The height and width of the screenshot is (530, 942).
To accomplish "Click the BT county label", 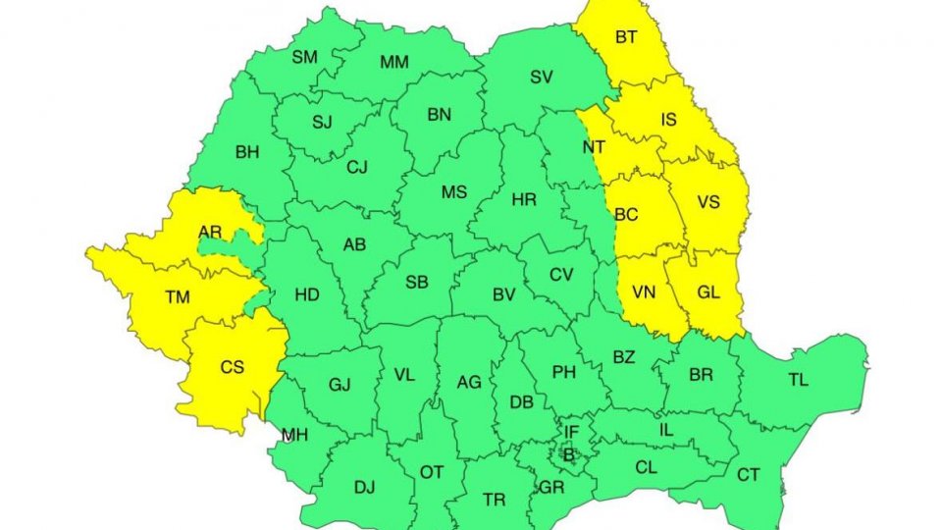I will (x=626, y=37).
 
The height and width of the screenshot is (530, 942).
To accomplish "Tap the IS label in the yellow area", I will (x=669, y=121).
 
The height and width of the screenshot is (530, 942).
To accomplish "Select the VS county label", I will (x=708, y=202).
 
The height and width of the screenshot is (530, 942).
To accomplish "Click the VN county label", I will (x=645, y=291).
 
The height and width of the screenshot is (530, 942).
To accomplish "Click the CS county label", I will (x=233, y=367).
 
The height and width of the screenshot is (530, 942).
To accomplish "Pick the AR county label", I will (x=210, y=232).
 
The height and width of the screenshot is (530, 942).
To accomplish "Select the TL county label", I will (x=799, y=380).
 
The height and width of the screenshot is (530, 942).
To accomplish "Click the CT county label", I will (x=749, y=475).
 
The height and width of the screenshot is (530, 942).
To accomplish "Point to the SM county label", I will (x=305, y=57).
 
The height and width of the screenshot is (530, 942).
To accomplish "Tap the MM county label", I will (x=394, y=63).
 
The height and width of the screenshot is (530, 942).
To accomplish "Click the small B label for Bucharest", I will (x=566, y=453).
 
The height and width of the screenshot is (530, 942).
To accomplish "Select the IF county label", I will (x=572, y=431).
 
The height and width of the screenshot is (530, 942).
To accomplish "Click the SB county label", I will (x=417, y=283).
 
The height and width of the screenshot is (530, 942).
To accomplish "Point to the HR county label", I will (x=524, y=199).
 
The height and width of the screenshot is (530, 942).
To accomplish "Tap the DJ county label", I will (x=364, y=486).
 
